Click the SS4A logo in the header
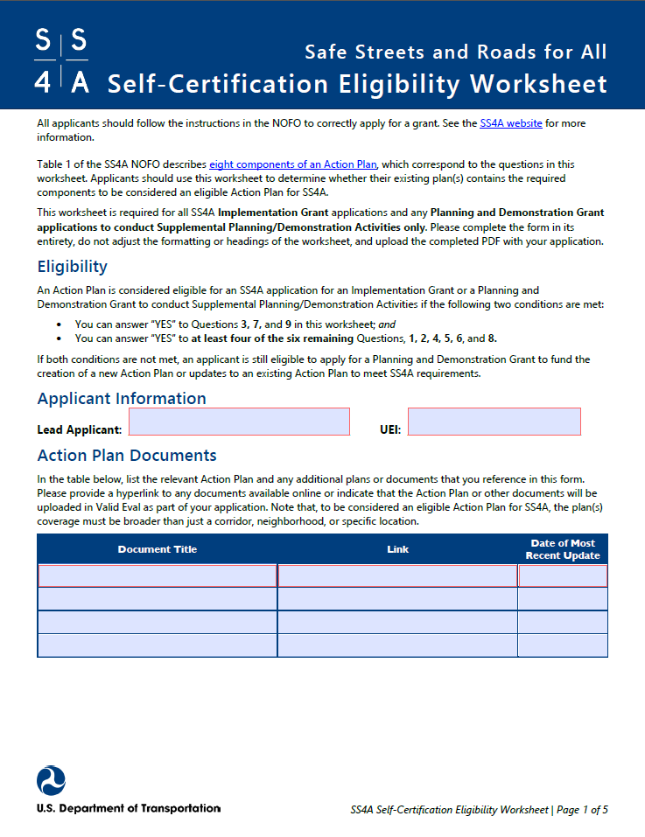pos(61,60)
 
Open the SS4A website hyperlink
pos(511,123)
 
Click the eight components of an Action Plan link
pos(293,164)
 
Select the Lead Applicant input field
pos(239,422)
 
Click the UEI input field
pos(494,422)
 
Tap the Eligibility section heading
pos(73,267)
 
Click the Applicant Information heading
pos(122,399)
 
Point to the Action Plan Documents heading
pos(127,456)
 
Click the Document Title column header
pos(158,549)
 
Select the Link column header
pos(397,549)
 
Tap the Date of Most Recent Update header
pos(563,549)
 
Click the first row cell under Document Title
pos(158,575)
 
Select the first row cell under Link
pos(397,575)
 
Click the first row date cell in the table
pos(563,575)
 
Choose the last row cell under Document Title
pos(158,645)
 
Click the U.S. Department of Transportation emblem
pos(51,780)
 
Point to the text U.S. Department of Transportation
pos(129,808)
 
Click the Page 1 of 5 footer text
pos(582,810)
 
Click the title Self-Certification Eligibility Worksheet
pos(357,84)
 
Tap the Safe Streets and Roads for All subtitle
pos(455,52)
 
